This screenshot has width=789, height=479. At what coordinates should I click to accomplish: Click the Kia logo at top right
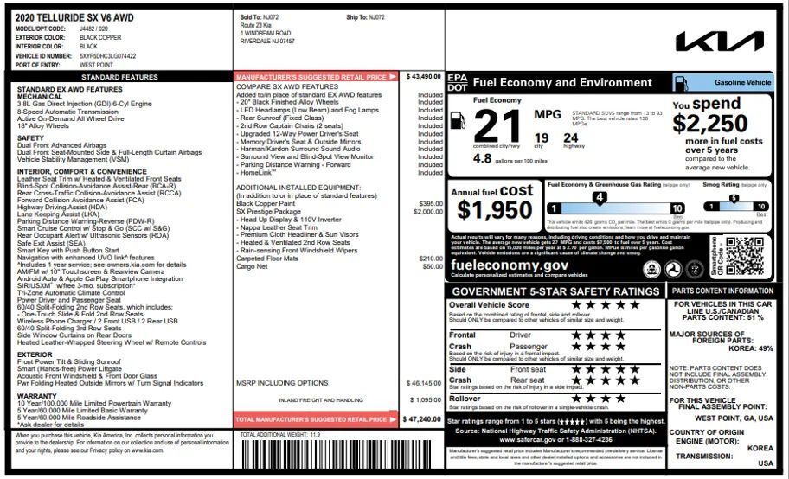720,42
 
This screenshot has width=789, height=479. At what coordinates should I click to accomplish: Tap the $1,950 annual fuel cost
495,210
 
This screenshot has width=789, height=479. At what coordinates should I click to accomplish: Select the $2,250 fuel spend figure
710,124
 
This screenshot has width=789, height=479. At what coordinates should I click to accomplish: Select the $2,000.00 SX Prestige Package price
427,212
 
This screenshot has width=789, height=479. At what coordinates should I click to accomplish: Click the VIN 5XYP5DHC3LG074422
107,56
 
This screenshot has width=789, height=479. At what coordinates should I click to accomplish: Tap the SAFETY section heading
30,138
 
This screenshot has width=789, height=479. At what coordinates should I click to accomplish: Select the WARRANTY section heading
36,396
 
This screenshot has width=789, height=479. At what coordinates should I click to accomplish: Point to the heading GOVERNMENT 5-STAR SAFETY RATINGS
556,291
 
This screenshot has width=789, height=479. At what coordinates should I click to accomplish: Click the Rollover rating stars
593,399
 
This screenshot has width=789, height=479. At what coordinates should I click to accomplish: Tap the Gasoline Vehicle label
741,82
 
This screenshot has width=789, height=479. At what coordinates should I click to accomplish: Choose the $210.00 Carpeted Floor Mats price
430,259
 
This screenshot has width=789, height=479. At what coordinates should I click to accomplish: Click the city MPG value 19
541,137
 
